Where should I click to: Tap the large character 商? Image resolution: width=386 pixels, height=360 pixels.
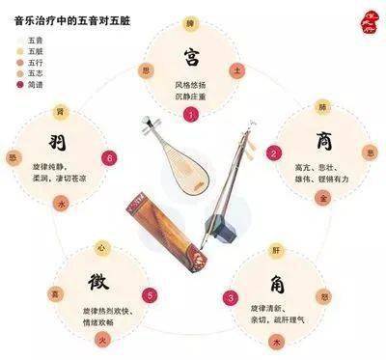tap(323, 142)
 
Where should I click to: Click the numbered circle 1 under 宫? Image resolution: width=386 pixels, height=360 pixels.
tap(192, 115)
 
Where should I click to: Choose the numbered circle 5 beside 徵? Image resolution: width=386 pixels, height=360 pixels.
tap(149, 295)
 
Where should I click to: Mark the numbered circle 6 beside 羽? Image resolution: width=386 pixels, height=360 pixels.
tap(110, 157)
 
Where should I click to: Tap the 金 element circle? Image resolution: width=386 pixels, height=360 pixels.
tap(323, 196)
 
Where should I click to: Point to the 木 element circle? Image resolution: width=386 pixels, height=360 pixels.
tap(277, 340)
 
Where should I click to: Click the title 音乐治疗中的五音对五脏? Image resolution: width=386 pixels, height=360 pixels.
tap(72, 14)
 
